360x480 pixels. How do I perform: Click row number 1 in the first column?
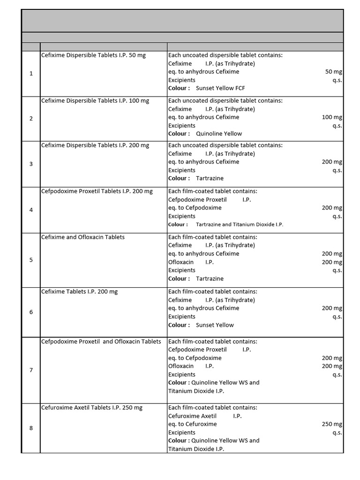31,74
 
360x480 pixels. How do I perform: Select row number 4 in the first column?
31,210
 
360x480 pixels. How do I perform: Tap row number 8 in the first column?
31,428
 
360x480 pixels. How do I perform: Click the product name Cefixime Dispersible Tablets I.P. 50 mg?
93,55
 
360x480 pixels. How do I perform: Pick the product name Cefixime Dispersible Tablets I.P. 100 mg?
95,101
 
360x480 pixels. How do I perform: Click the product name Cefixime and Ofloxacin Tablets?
83,237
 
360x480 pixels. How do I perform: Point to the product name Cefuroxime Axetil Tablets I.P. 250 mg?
92,408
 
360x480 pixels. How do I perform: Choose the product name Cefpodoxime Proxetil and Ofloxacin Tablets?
101,342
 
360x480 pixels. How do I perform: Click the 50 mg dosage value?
333,72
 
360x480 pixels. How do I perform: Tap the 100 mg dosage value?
332,117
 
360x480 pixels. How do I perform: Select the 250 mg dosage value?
332,424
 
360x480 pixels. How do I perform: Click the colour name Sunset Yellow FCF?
220,88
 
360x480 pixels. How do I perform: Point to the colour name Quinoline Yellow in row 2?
219,134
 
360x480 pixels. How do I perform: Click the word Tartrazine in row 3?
210,178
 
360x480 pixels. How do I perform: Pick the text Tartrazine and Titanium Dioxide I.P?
240,225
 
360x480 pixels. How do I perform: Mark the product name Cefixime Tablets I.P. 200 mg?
80,292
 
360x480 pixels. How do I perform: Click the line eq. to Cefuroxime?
193,424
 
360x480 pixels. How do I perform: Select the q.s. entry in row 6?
337,316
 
